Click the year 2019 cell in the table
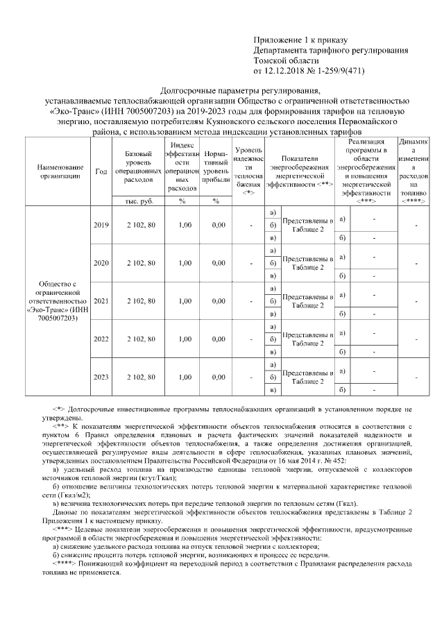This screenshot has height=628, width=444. click(x=101, y=225)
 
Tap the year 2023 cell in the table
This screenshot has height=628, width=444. click(x=101, y=377)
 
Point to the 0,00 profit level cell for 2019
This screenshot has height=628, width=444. click(x=219, y=225)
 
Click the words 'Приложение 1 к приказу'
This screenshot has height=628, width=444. click(x=300, y=41)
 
